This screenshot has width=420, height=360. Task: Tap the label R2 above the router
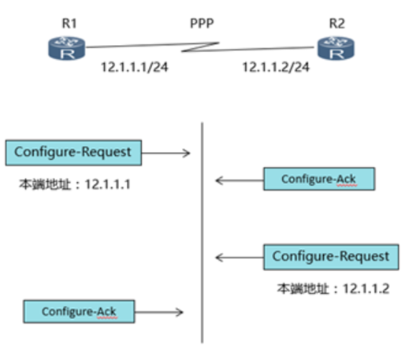tap(336, 21)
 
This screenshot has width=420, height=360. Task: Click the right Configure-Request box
tap(331, 257)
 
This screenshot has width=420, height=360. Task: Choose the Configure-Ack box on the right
tap(318, 180)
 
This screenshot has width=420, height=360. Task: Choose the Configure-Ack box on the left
tap(79, 312)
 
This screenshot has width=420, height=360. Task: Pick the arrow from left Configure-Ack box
tap(161, 312)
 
